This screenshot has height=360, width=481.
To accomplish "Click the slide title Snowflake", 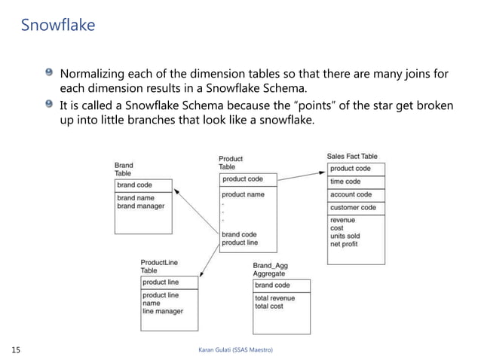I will click(x=57, y=26).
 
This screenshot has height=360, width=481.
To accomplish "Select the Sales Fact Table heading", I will click(x=352, y=157).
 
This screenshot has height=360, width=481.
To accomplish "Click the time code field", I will click(x=345, y=182).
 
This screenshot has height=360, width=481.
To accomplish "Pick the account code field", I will click(x=351, y=194).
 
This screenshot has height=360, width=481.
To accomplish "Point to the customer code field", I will click(x=353, y=207).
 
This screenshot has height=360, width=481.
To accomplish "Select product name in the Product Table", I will click(x=243, y=194).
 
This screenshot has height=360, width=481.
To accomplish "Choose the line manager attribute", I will click(x=163, y=310).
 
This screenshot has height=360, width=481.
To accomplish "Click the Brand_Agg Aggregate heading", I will click(x=271, y=270).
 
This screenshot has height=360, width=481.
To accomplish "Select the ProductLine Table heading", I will click(x=160, y=266).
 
